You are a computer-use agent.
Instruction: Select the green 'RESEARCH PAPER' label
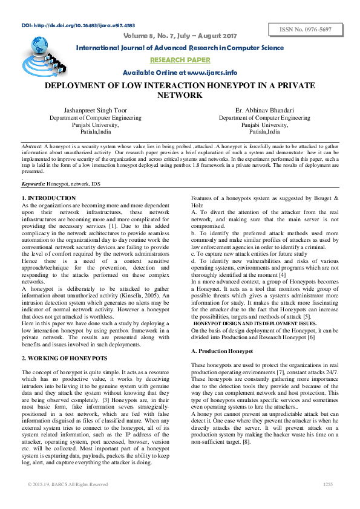pos(180,60)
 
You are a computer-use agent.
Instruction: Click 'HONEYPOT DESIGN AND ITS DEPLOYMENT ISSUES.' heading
pos(255,324)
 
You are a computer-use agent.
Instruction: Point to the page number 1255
pos(328,484)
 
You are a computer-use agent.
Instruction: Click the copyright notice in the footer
pos(68,484)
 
